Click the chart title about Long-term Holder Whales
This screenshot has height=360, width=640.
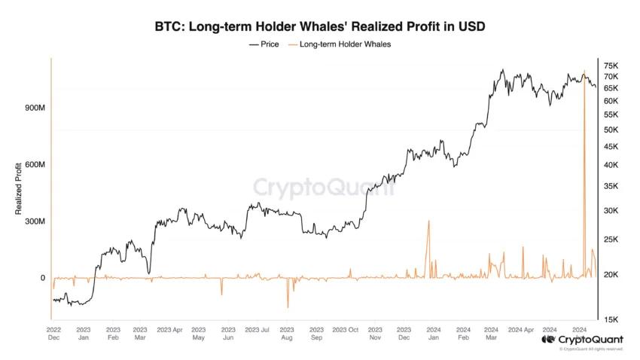pyautogui.click(x=320, y=27)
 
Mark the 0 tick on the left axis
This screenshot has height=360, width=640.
pyautogui.click(x=42, y=278)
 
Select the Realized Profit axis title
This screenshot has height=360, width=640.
pyautogui.click(x=19, y=193)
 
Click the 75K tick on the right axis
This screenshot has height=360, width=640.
pyautogui.click(x=611, y=66)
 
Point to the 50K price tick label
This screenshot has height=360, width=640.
pyautogui.click(x=611, y=130)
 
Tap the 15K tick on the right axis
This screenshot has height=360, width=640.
pyautogui.click(x=611, y=319)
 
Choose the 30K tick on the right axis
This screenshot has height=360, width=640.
pyautogui.click(x=611, y=211)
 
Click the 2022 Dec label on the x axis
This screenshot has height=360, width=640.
pyautogui.click(x=53, y=334)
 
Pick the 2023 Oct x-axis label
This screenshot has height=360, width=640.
pyautogui.click(x=346, y=329)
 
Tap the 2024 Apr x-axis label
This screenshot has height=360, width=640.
pyautogui.click(x=520, y=329)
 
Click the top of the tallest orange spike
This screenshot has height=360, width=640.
pyautogui.click(x=584, y=72)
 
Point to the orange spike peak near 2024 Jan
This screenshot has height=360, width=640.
pyautogui.click(x=428, y=221)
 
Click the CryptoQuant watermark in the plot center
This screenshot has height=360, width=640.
pyautogui.click(x=323, y=187)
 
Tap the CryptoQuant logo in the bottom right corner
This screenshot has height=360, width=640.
pyautogui.click(x=582, y=340)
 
